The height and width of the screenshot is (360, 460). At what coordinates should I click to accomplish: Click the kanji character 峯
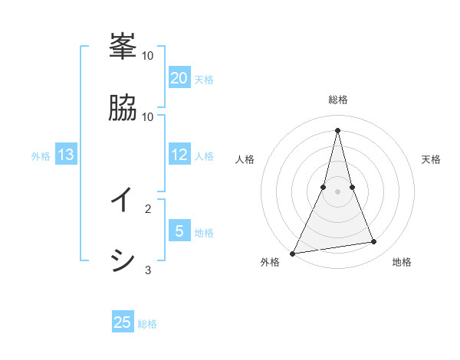click(x=123, y=47)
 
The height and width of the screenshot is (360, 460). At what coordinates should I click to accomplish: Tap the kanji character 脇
click(x=123, y=108)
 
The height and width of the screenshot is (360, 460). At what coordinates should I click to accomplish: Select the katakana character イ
click(x=123, y=200)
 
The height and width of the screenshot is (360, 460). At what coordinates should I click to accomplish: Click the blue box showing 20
click(x=179, y=77)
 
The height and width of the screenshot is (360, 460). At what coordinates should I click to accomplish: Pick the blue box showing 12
click(x=179, y=155)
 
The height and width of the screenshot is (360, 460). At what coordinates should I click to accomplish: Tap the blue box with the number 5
click(x=179, y=231)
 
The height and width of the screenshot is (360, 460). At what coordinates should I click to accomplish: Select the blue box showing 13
click(x=66, y=155)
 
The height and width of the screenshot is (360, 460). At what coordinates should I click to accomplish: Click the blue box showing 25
click(x=123, y=322)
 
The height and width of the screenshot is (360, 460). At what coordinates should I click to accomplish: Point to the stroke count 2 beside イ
click(x=148, y=208)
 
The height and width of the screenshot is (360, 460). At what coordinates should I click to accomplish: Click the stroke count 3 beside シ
click(x=148, y=270)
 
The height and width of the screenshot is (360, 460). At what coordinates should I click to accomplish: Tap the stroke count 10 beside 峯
click(x=148, y=55)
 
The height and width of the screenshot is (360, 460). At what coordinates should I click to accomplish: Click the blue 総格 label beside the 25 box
click(x=147, y=324)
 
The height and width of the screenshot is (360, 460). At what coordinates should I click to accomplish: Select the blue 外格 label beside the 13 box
click(x=41, y=156)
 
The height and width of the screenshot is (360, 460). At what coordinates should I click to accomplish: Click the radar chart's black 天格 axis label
click(x=431, y=159)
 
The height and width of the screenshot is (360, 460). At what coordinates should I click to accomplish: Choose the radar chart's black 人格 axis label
click(x=245, y=159)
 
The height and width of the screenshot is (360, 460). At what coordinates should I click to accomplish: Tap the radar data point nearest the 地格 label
click(x=374, y=242)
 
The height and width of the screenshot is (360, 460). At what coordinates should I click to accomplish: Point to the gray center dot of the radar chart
click(x=338, y=191)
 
